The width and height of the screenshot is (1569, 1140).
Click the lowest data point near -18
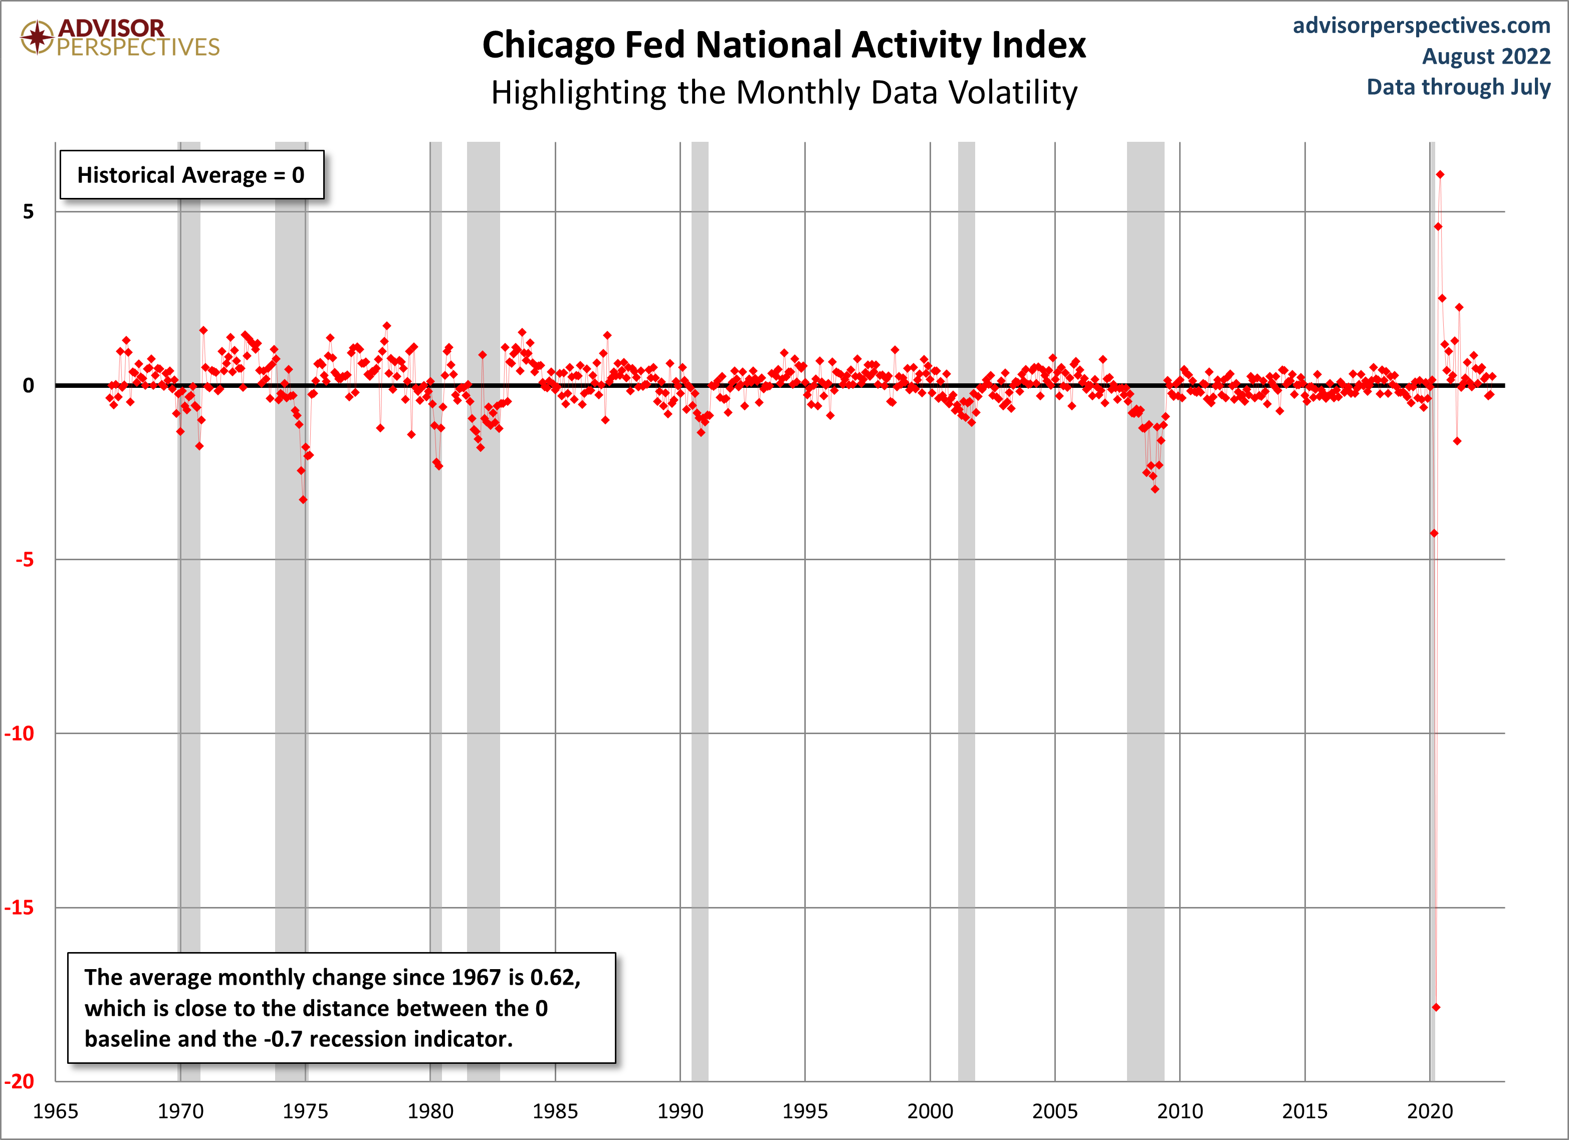point(1436,1007)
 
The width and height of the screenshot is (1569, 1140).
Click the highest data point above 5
point(1440,175)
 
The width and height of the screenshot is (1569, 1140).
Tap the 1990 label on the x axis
point(680,1111)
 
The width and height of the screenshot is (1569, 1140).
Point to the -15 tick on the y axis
point(20,907)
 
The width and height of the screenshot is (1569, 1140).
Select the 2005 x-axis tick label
point(1055,1111)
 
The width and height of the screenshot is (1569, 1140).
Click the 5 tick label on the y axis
point(28,211)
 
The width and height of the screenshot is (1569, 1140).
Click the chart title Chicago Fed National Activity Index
point(784,46)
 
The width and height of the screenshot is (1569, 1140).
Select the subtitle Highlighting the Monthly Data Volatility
point(784,93)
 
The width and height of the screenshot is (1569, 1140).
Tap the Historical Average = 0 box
point(191,175)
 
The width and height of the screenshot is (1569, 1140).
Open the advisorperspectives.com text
point(1421,26)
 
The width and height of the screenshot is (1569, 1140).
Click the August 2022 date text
point(1485,56)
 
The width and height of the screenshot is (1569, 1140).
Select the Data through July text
point(1458,87)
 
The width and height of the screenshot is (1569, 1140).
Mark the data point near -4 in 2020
point(1434,533)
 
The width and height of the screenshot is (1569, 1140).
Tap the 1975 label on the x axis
point(305,1111)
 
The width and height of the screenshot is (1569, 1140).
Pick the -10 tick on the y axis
point(20,733)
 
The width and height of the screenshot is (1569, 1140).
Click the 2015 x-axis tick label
point(1305,1111)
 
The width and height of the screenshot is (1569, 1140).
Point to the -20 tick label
point(20,1081)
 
